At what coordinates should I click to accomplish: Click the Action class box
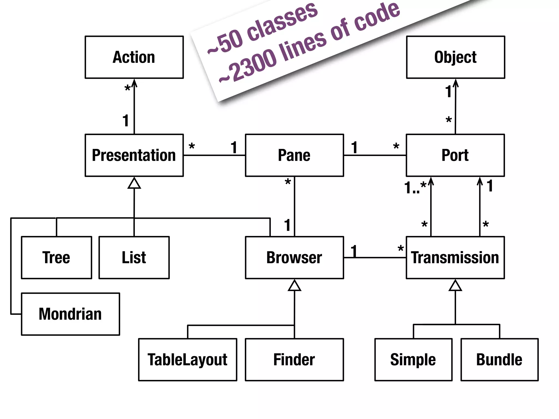pos(134,57)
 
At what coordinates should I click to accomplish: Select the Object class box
pos(455,57)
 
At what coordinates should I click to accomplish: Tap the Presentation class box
pos(134,155)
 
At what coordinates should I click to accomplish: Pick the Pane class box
pos(294,155)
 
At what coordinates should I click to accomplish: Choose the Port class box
pos(455,155)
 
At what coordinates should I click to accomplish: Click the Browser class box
pos(294,258)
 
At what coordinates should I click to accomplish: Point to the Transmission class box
pos(455,258)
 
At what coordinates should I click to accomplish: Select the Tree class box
pos(57,258)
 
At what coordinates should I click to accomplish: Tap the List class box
pos(134,258)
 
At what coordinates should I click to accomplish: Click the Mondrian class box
pos(70,314)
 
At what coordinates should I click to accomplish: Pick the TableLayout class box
pos(188,360)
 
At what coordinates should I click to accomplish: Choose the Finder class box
pos(294,360)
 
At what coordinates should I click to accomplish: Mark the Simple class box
pos(413,360)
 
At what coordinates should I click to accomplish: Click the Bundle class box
pos(499,360)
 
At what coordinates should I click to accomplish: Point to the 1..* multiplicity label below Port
pos(415,187)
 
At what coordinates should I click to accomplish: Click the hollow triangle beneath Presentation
pos(134,184)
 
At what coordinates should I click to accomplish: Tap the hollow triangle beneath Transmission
pos(455,286)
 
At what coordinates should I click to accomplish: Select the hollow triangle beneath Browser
pos(294,286)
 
